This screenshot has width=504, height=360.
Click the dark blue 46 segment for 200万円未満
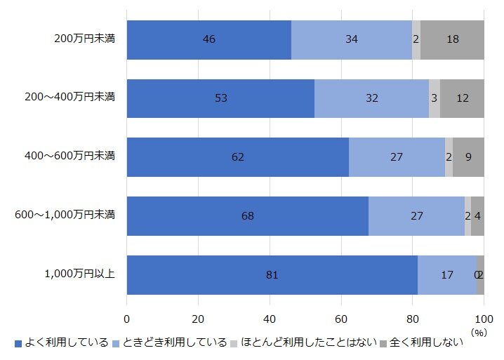208,39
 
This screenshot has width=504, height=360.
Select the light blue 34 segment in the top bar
351,39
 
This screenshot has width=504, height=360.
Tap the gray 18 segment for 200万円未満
452,39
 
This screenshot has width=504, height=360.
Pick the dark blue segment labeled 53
220,98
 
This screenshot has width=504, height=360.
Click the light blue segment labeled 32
371,98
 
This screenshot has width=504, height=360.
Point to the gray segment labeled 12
462,98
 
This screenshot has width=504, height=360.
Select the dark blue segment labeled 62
237,157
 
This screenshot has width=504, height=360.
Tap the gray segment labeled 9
468,157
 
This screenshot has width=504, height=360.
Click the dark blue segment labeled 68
247,216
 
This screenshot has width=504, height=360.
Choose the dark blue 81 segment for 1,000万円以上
272,275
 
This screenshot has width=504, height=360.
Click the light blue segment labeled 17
446,275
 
